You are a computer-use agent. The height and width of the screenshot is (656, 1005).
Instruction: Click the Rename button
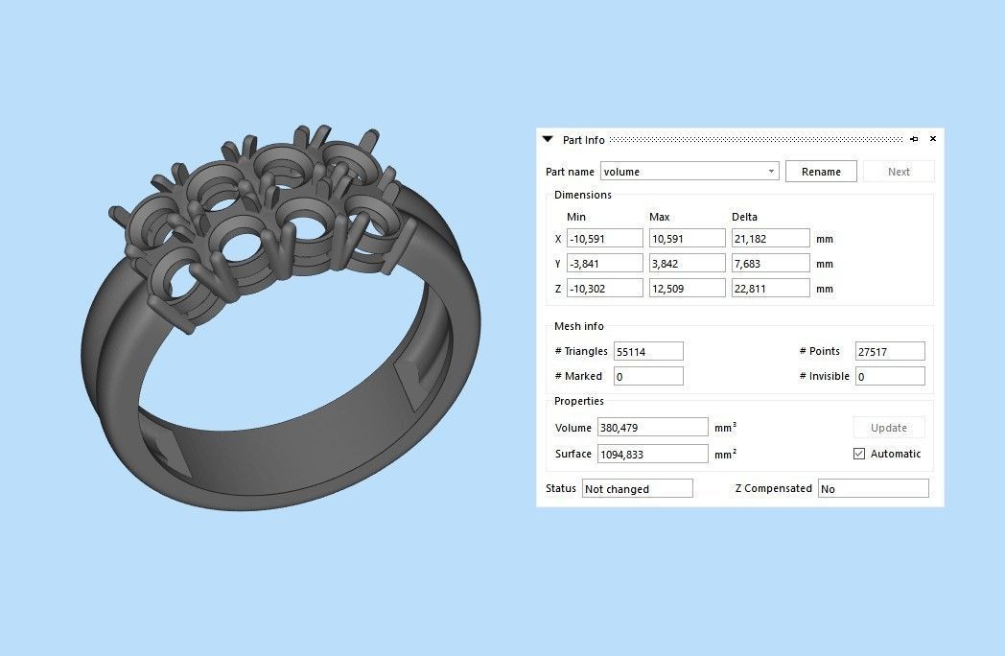[x=821, y=172]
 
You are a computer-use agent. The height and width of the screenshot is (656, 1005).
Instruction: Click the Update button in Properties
[x=889, y=428]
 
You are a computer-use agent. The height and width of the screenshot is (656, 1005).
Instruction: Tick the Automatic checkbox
[x=859, y=454]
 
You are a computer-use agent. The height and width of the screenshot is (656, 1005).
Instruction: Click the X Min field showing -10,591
[x=604, y=238]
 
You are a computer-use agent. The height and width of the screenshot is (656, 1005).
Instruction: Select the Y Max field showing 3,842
[x=687, y=263]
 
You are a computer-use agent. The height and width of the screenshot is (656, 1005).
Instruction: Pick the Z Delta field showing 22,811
[x=770, y=288]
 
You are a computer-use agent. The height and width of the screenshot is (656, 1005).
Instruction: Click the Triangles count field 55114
[x=648, y=352]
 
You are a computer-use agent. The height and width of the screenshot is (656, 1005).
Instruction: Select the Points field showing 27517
[x=889, y=352]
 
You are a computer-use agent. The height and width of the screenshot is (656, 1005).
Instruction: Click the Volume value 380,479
[x=652, y=428]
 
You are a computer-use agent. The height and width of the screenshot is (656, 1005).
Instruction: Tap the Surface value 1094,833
[x=652, y=454]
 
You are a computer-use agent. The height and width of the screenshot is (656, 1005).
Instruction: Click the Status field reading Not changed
[x=637, y=489]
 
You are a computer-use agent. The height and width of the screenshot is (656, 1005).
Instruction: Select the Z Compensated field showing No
[x=873, y=489]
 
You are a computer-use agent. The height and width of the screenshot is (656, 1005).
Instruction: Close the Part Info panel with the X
[x=933, y=139]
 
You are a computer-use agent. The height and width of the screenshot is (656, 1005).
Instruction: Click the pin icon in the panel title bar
[x=914, y=139]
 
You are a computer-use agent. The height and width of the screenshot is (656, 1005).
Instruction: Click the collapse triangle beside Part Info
[x=548, y=139]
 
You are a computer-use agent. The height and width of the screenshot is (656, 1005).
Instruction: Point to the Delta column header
[x=744, y=217]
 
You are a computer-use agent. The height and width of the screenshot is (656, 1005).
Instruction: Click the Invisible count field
[x=889, y=377]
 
